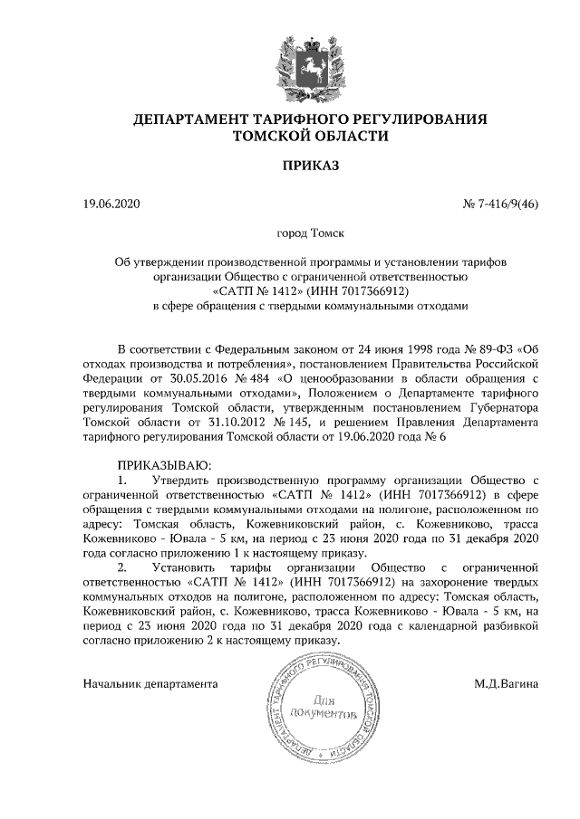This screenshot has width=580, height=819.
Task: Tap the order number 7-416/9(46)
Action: tap(506, 204)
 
